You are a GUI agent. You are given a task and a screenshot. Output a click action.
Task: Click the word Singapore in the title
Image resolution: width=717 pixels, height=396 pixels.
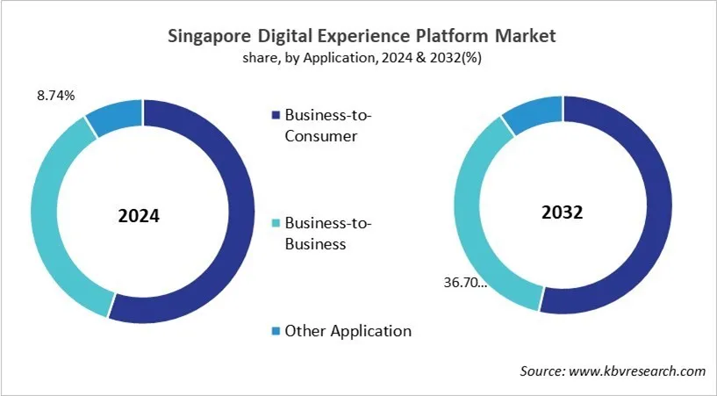click(x=208, y=38)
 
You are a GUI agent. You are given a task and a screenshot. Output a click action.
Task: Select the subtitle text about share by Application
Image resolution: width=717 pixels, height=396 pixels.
click(x=359, y=59)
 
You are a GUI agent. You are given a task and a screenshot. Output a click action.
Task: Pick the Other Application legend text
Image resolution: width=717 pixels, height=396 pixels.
click(x=348, y=331)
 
